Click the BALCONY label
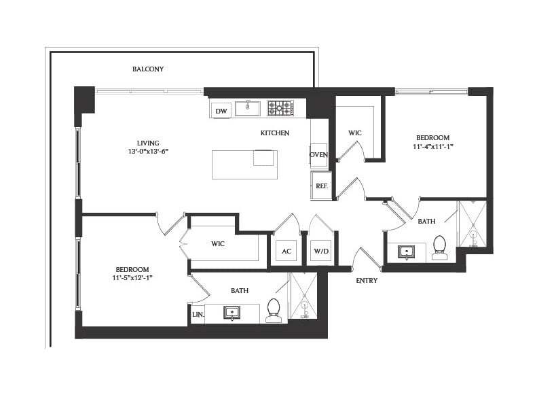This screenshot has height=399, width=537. point(148,69)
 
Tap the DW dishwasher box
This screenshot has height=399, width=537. point(221,111)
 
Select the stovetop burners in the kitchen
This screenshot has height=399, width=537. point(279,108)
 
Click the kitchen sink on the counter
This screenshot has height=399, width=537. point(248,108)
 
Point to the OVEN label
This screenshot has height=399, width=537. point(319,155)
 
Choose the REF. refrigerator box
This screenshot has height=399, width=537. point(321,186)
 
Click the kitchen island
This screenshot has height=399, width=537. point(244,164)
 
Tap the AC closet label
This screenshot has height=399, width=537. point(286,251)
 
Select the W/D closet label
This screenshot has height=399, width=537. point(320,251)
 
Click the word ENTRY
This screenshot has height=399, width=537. point(366,280)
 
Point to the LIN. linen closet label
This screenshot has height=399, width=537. point(198,314)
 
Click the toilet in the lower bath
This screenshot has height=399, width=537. point(274,309)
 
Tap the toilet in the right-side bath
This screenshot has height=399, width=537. point(440,247)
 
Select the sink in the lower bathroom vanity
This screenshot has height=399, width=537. point(232,313)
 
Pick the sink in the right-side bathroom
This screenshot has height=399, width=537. point(407,251)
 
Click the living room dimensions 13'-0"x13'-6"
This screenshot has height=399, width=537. point(147,152)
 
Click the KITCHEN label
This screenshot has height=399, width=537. point(275,133)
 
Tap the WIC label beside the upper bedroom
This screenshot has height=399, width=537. point(355,133)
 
